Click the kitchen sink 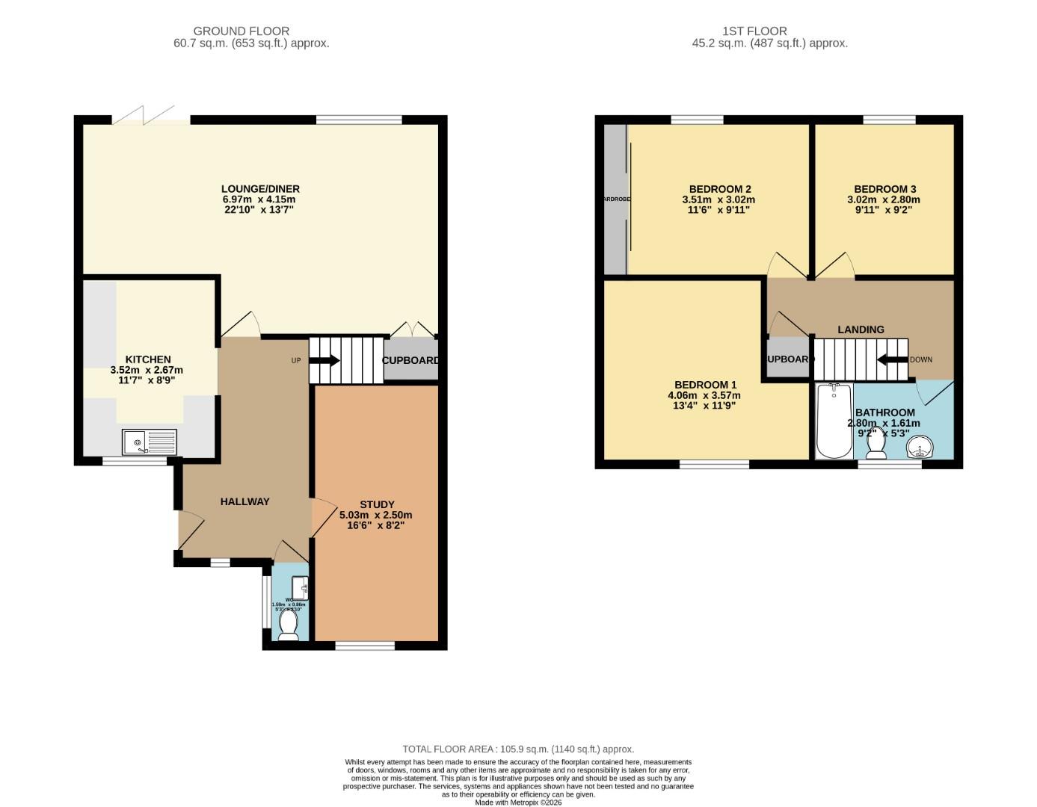tap(150, 442)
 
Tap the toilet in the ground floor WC tap(288, 628)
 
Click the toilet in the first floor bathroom tap(876, 444)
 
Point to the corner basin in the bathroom tap(919, 448)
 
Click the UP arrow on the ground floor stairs tap(324, 360)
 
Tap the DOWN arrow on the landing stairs tap(892, 359)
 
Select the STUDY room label tap(377, 504)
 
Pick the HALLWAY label tap(244, 501)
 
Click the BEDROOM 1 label tap(702, 385)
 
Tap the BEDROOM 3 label tap(884, 189)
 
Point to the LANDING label tap(861, 330)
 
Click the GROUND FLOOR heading tap(241, 31)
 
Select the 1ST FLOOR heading tap(754, 31)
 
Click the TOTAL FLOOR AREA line tap(517, 749)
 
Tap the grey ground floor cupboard tap(410, 360)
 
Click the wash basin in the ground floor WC tap(301, 588)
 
